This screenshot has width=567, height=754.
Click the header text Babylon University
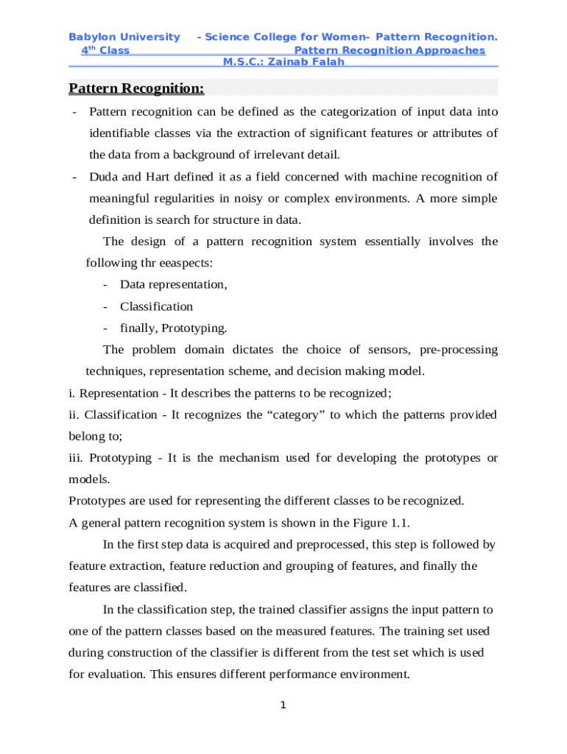(124, 37)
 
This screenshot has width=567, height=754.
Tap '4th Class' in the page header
(105, 50)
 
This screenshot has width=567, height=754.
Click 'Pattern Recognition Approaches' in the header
(389, 50)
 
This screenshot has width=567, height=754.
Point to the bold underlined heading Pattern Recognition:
(136, 89)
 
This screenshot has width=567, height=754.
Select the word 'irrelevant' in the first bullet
(277, 155)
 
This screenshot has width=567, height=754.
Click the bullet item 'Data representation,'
(173, 284)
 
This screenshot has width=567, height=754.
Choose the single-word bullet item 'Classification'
(156, 306)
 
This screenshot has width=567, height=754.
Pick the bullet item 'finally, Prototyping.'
(173, 328)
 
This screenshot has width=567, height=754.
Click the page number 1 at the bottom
(283, 706)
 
